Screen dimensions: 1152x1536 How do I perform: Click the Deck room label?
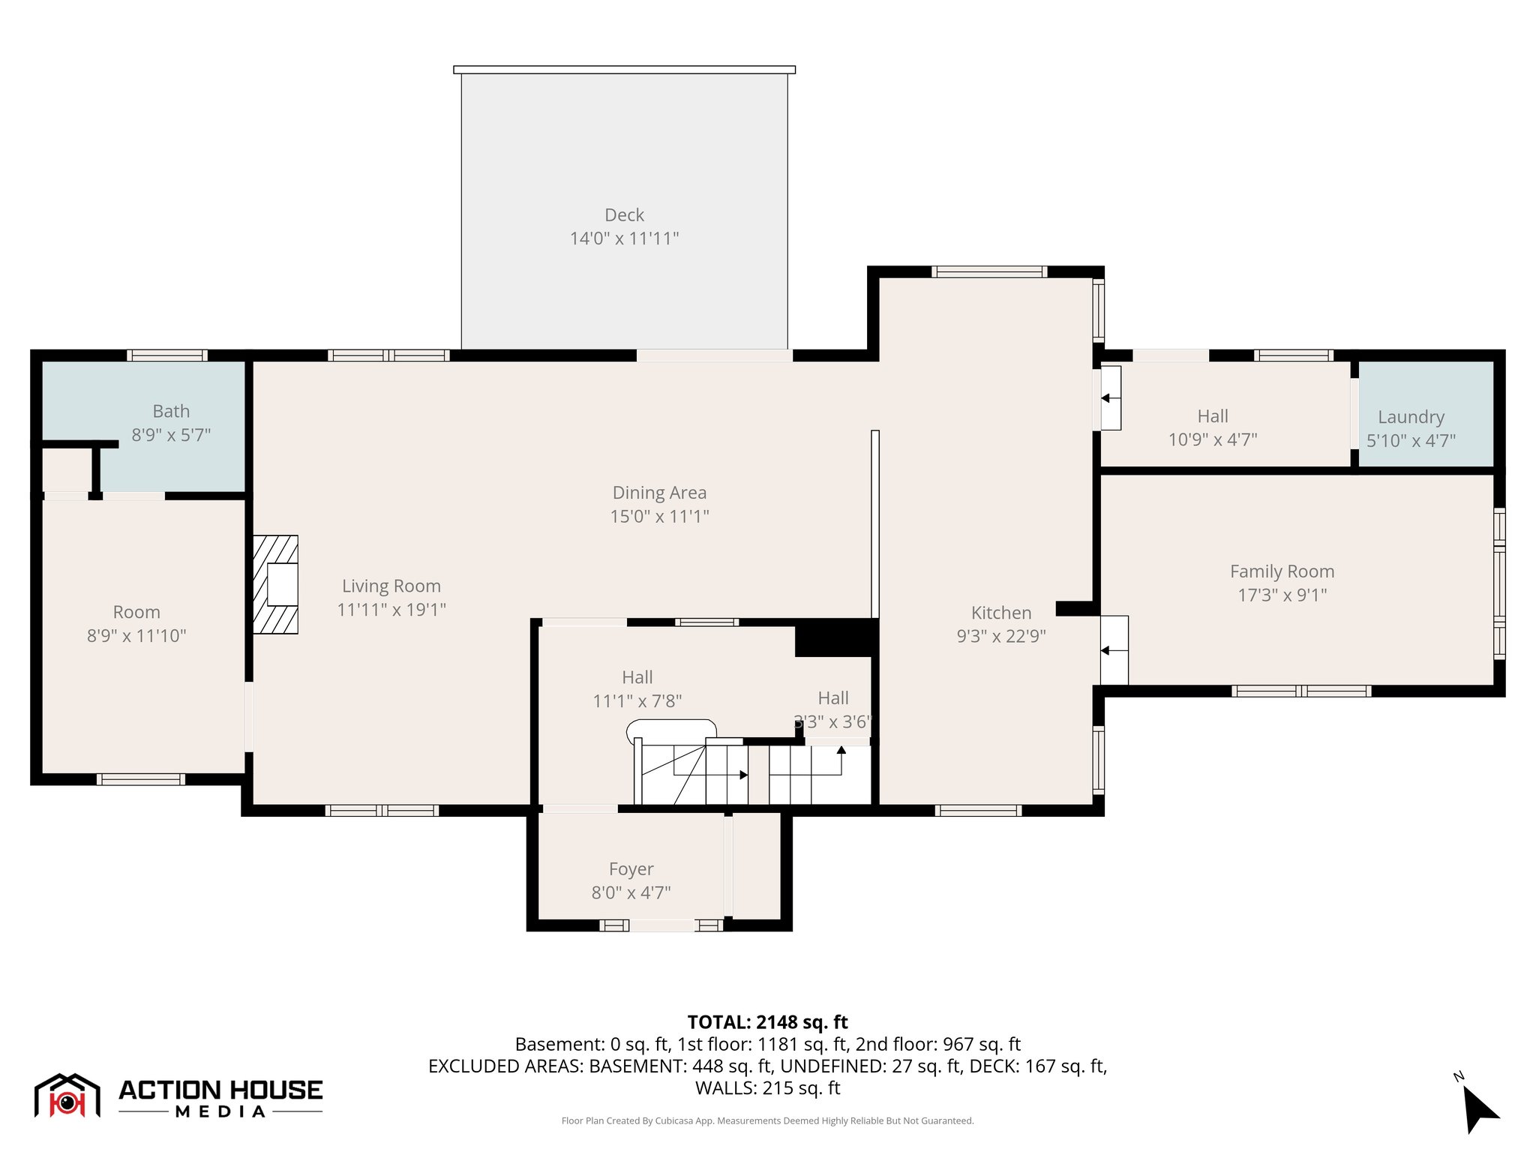[x=624, y=215]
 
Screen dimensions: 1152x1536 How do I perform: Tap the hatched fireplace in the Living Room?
[x=274, y=584]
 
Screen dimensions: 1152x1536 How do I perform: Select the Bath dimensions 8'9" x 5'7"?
[x=171, y=435]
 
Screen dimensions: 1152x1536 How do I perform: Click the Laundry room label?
[x=1411, y=417]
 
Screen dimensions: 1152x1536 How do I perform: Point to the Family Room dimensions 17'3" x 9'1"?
[x=1282, y=595]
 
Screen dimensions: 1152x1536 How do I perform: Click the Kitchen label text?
[x=1000, y=613]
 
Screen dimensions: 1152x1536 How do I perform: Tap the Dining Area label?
[x=659, y=493]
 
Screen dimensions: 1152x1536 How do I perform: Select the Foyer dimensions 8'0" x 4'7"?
[x=631, y=892]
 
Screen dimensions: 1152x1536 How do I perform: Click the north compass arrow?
[x=1478, y=1108]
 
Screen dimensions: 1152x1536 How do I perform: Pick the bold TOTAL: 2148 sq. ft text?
[x=767, y=1022]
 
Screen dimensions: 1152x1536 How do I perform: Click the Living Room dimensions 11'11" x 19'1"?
[x=391, y=610]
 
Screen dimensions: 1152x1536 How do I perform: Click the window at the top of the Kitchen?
[x=988, y=271]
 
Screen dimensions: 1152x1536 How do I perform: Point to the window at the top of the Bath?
[x=166, y=355]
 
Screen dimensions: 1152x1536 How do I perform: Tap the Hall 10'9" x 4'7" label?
[x=1213, y=427]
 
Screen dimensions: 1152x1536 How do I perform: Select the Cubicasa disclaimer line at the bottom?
[x=767, y=1121]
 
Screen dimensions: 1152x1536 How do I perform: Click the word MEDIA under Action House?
[x=220, y=1111]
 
